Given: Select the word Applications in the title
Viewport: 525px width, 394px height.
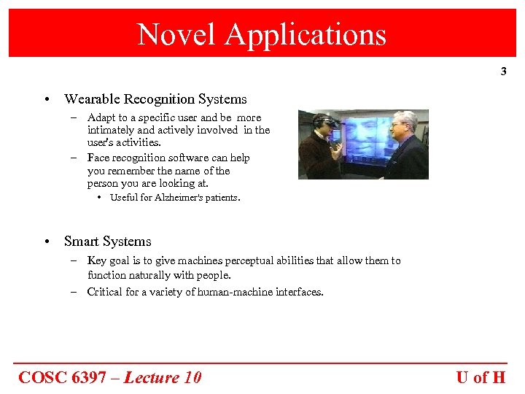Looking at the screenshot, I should click(x=306, y=34).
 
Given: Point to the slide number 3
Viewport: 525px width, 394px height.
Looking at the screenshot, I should click(x=503, y=72).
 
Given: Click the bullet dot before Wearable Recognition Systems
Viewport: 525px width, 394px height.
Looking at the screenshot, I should click(x=46, y=99).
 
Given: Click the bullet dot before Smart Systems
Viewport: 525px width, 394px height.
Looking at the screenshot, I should click(x=46, y=242).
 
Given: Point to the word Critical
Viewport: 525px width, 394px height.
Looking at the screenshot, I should click(x=106, y=292).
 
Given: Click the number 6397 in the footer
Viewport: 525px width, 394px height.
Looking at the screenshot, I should click(x=93, y=377).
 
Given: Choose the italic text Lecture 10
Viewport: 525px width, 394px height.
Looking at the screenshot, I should click(x=163, y=377).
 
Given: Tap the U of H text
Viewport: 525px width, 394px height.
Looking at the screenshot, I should click(x=481, y=377).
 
